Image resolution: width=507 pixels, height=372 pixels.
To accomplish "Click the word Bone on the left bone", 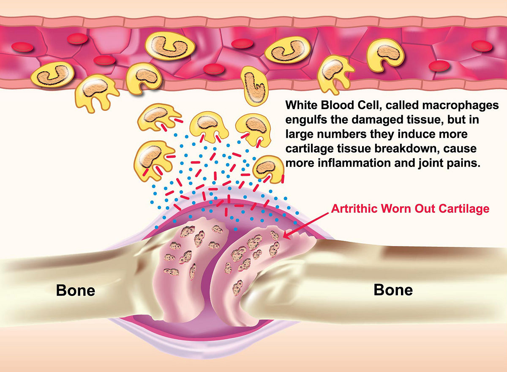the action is pos(76,290).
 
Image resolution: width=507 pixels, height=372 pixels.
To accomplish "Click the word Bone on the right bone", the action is pos(393,290).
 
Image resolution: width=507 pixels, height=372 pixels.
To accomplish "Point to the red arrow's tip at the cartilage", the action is pos(283,238).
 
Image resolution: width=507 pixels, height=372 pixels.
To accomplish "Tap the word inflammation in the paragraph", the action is pos(354,163).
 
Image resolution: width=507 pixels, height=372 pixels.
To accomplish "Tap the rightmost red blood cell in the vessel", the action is pos(482,46).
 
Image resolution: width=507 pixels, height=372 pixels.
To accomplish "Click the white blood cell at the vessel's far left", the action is pos(52,75).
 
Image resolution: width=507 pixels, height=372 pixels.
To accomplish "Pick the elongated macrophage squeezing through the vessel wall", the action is pos(254,86).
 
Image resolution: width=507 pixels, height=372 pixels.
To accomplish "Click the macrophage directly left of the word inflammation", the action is pos(268,170).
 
